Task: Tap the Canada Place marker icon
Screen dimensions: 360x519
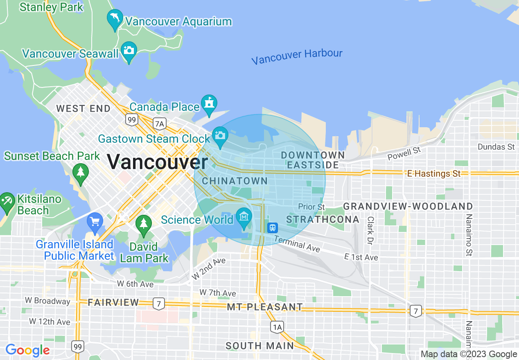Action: pos(209,103)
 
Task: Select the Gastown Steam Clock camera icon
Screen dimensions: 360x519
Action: pos(220,135)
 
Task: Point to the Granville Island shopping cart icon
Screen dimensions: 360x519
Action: pos(95,222)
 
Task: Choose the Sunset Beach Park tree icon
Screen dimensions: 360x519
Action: pos(81,172)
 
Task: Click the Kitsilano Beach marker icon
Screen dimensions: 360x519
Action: pos(7,201)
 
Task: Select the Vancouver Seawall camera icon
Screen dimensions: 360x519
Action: pos(129,50)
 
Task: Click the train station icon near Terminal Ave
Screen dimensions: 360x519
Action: pos(273,227)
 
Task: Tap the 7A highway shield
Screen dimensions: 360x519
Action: pos(159,123)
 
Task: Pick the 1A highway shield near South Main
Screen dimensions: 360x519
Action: pos(277,327)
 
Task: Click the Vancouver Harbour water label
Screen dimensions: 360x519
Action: pos(297,57)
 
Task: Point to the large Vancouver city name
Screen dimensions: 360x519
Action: pos(158,162)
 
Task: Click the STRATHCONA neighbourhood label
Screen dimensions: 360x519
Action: pos(323,220)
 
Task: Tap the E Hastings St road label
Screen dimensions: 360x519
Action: pos(434,174)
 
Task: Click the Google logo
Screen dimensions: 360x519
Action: pos(27,350)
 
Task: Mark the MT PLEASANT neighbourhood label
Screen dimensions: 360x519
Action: pos(265,307)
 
